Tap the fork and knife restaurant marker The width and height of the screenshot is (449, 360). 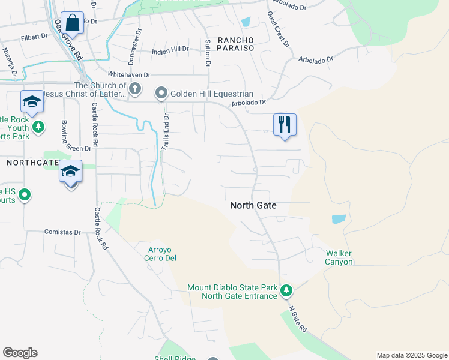pos(284,125)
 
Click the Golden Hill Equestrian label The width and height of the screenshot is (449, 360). pos(211,94)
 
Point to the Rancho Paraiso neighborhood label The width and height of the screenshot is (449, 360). pos(235,44)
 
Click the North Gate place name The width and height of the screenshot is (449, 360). pos(253,205)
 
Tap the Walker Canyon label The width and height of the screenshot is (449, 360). pos(339,257)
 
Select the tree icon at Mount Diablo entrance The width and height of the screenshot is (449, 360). pos(287,291)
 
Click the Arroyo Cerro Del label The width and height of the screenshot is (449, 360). pos(159,254)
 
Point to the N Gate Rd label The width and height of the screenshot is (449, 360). pos(297,321)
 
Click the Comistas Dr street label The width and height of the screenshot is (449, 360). pos(63,232)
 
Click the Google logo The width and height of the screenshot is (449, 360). pos(20,353)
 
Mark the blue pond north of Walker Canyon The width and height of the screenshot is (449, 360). pos(339,219)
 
